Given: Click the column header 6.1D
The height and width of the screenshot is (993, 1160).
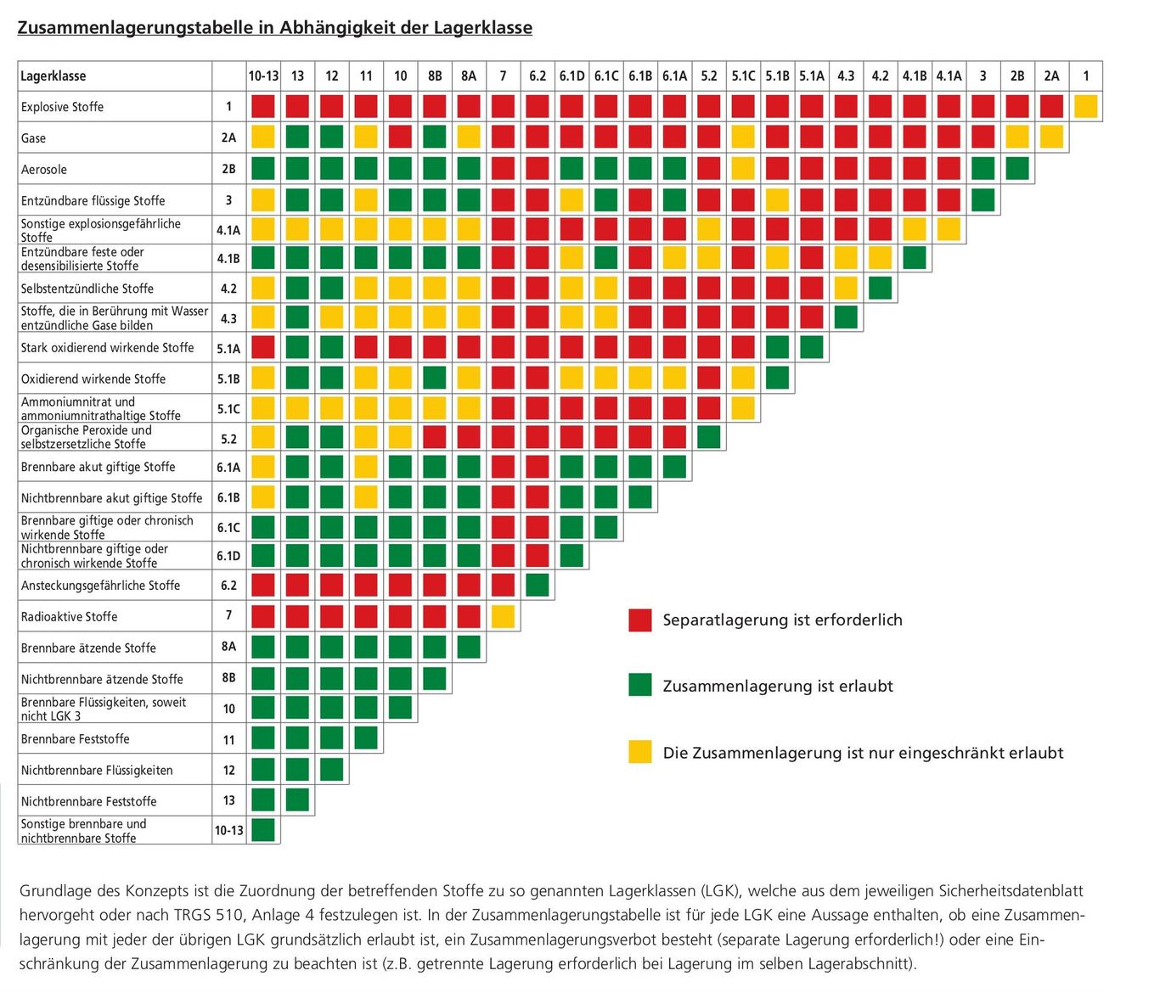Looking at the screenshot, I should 572,76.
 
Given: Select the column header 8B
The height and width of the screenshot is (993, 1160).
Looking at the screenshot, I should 435,76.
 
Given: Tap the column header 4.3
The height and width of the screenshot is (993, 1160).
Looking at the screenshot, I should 846,76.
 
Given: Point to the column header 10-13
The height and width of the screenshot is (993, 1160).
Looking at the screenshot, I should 263,76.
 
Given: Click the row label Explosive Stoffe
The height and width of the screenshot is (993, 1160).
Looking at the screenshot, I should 62,107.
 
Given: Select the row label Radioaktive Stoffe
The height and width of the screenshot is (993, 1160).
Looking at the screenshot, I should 69,617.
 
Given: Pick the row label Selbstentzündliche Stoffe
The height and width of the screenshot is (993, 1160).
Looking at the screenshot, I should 87,289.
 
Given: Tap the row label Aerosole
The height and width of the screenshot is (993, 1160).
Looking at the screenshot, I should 44,170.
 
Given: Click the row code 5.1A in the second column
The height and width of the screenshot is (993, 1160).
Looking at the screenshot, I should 228,349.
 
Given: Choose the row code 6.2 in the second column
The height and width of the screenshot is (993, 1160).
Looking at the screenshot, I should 228,586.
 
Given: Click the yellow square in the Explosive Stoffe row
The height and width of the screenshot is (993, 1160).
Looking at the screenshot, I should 1085,107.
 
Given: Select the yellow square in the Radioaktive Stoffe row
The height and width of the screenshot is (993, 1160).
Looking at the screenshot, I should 503,617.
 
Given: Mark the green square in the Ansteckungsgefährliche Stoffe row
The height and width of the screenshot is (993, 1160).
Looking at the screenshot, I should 538,586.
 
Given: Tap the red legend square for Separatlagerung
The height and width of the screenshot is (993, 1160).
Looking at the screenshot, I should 640,620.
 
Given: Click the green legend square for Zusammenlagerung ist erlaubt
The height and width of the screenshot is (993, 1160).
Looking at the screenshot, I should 640,686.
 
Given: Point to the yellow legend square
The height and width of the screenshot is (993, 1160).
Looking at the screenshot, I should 640,752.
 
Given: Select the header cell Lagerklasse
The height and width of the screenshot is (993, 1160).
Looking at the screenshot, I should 53,76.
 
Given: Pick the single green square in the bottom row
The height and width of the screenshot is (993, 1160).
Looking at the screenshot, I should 263,830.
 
